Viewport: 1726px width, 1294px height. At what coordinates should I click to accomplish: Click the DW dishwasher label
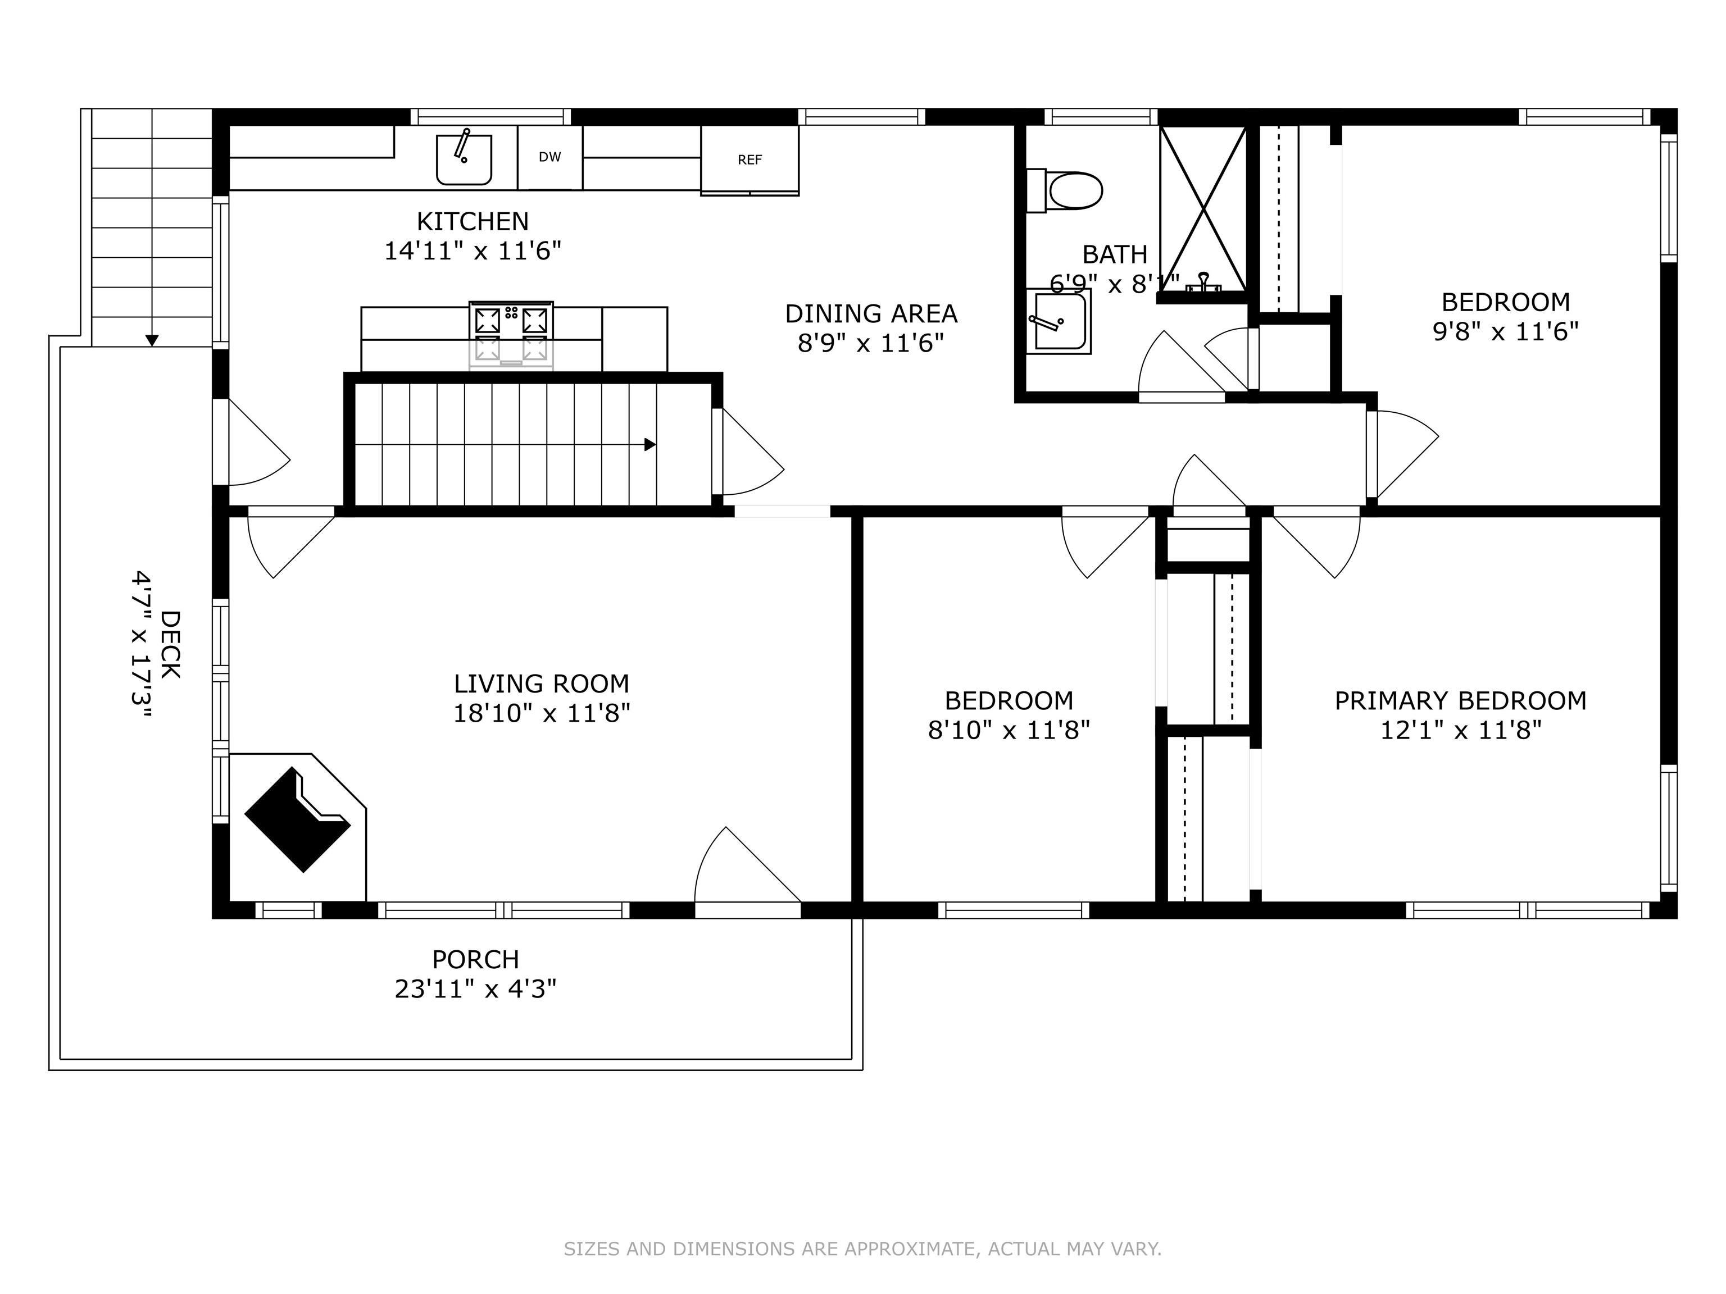tap(549, 157)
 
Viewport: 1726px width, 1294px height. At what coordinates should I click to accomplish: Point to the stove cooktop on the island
tap(511, 335)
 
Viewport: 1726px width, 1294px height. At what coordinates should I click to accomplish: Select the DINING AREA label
tap(871, 313)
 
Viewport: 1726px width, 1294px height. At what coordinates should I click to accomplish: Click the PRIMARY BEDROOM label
tap(1460, 700)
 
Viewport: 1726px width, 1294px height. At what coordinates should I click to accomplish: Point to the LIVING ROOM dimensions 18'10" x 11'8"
tap(542, 713)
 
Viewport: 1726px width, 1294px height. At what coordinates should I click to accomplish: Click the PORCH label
tap(475, 959)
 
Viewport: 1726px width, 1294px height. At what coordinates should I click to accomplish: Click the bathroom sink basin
tap(1058, 321)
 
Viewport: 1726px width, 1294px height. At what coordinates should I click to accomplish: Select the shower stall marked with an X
tap(1203, 209)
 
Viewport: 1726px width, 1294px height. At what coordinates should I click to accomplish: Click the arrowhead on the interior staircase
tap(649, 445)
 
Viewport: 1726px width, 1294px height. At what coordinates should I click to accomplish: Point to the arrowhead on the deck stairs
tap(152, 340)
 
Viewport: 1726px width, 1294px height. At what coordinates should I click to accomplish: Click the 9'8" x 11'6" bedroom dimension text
tap(1505, 331)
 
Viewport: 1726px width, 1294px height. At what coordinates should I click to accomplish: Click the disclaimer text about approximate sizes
tap(862, 1249)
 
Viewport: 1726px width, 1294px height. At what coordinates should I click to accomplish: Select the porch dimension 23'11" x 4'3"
tap(475, 989)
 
